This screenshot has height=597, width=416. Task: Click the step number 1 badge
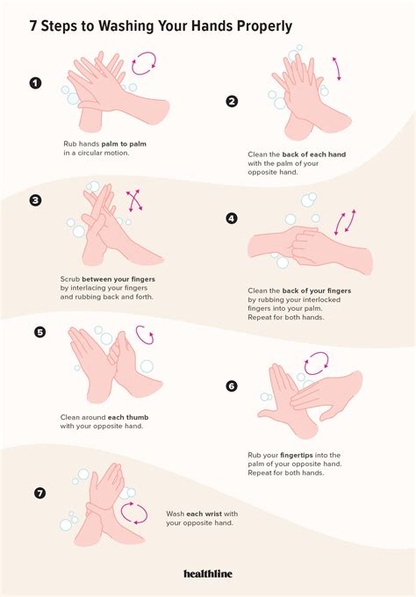click(35, 84)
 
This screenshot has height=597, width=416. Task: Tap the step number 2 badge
click(232, 101)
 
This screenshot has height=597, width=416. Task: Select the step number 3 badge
click(35, 200)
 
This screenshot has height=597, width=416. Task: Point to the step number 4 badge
click(232, 219)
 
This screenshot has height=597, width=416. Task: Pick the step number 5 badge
click(39, 332)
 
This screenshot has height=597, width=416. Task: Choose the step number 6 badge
click(232, 385)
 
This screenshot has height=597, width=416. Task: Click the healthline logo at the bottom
click(208, 573)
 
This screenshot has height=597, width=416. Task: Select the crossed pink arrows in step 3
click(135, 200)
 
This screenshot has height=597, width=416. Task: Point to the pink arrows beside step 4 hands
click(343, 223)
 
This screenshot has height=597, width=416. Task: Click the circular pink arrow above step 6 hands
click(316, 363)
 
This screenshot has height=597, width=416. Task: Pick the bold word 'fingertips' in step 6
click(304, 455)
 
